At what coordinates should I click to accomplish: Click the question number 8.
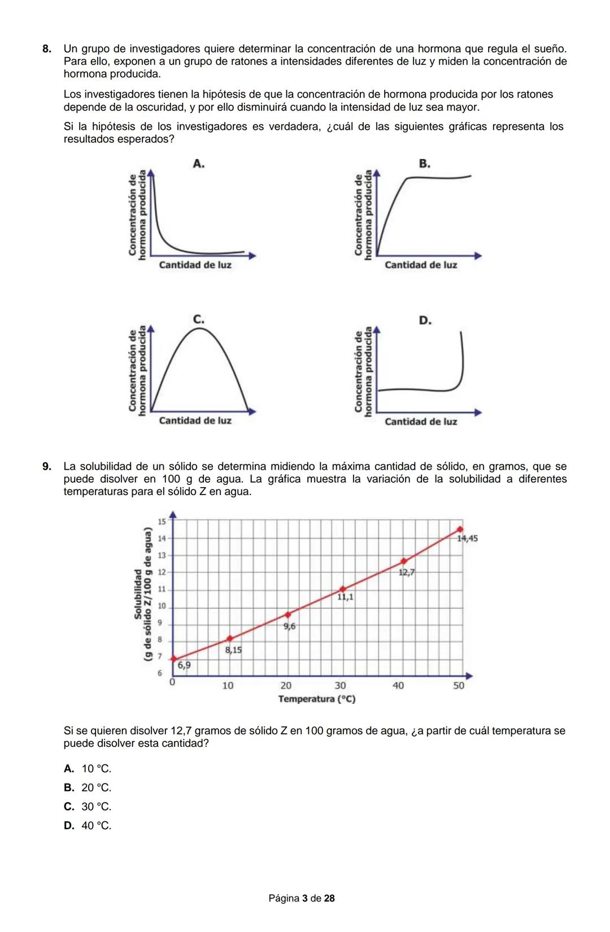(47, 49)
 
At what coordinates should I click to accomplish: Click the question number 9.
(47, 467)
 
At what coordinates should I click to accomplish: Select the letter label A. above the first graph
(198, 164)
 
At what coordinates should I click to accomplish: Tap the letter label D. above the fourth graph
(425, 321)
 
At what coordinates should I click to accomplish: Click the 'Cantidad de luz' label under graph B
(421, 265)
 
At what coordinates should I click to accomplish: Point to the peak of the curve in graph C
(199, 328)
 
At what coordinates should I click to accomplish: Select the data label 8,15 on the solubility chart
(233, 650)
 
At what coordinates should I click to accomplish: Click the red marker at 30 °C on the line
(342, 589)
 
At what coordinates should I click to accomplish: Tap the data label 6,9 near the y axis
(184, 666)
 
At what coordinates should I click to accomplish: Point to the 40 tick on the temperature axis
(398, 686)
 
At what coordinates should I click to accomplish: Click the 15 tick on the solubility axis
(161, 521)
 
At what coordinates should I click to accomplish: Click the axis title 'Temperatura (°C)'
(317, 699)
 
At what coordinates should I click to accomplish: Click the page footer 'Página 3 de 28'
(302, 898)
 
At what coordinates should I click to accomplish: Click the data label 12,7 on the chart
(406, 572)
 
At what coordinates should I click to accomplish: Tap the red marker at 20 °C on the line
(288, 614)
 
